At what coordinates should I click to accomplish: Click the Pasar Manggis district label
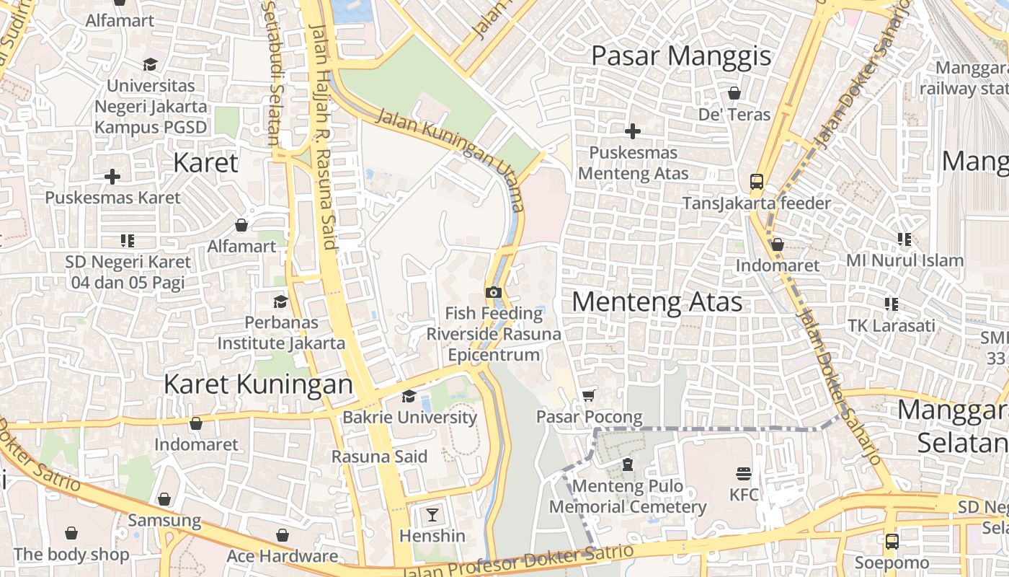[681, 56]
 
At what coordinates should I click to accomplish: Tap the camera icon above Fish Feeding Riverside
[494, 292]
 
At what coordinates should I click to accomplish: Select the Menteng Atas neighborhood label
[657, 301]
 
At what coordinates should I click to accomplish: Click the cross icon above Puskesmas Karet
[112, 176]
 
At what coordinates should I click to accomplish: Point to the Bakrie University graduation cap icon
[409, 396]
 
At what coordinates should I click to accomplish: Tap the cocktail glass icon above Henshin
[432, 514]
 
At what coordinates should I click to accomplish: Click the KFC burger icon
[744, 474]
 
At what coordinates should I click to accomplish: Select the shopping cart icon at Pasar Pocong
[589, 395]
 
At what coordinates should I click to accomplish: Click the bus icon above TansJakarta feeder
[757, 181]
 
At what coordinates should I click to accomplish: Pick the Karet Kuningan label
[258, 384]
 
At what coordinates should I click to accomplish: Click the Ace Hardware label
[282, 556]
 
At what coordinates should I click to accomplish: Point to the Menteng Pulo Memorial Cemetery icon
[628, 464]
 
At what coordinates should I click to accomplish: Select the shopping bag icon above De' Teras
[734, 93]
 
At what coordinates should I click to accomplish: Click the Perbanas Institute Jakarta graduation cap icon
[280, 301]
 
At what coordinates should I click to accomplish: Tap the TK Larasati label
[891, 325]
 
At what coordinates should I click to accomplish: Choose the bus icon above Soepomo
[892, 541]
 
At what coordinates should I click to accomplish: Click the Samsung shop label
[164, 520]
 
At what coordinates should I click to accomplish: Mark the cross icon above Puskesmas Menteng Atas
[633, 131]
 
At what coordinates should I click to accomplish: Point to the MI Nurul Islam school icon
[904, 239]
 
